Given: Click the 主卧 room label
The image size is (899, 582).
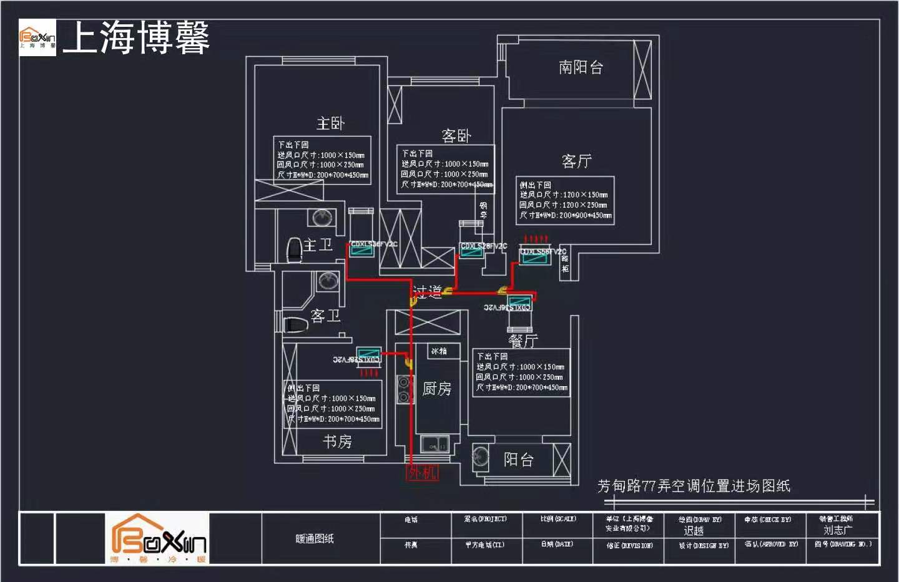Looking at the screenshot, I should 330,123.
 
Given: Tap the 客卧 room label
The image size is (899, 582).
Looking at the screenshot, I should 456,135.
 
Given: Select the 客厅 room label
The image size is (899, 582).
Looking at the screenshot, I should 576,161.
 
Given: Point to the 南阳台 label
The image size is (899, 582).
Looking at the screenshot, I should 581,67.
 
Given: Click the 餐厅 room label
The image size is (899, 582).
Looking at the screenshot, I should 523,341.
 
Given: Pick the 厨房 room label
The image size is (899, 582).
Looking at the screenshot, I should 436,389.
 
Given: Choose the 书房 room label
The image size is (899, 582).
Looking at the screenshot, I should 337,442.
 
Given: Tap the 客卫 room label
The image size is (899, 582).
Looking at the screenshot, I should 325,316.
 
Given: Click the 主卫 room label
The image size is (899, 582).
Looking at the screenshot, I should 318,245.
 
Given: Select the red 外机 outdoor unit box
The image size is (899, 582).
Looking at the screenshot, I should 423,472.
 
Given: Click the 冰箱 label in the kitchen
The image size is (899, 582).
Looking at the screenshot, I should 439,351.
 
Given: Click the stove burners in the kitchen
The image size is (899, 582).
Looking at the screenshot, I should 404,389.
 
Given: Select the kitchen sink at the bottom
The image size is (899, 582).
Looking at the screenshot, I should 435,445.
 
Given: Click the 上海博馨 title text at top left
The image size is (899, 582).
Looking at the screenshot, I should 136,37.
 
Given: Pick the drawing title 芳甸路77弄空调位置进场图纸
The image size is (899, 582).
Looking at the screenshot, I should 694,485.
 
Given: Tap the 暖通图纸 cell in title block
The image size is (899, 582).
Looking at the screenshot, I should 315,538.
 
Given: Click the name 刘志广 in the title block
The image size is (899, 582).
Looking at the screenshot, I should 837,530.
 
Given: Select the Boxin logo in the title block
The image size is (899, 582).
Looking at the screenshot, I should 158,538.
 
